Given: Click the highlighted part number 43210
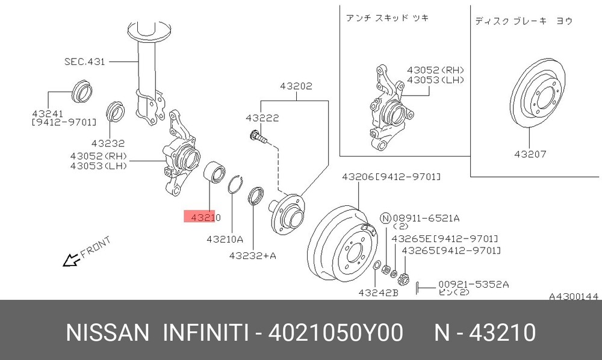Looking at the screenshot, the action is coord(206,217).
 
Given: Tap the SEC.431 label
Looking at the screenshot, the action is coord(84,61).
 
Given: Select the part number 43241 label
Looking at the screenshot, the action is coord(48,114).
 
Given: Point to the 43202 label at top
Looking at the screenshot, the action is coord(296,86).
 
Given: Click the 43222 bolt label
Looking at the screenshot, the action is coord(262,118).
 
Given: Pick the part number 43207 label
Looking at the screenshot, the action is coord(530,154).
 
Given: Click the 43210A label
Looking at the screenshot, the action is coord(225,239).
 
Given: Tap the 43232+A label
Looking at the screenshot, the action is coord(253,255).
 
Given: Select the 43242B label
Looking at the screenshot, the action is coord(378,293).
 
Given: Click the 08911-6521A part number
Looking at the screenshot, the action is coord(426,218).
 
